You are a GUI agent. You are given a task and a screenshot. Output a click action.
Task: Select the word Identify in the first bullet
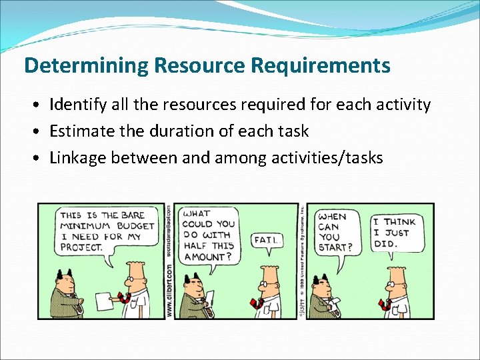[75, 105]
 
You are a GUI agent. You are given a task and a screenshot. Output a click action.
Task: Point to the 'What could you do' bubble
[209, 235]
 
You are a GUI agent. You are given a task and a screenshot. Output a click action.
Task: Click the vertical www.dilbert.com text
[169, 289]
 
